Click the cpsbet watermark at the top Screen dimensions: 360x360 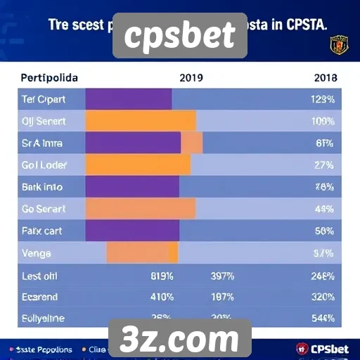179,36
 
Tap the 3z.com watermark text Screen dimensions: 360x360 179,340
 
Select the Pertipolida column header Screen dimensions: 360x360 49,77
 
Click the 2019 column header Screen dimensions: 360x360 192,77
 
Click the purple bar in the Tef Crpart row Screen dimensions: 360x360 129,99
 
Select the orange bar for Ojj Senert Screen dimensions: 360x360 141,121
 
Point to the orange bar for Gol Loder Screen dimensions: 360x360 138,165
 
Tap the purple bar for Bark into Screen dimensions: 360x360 132,186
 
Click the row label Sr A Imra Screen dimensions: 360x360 43,143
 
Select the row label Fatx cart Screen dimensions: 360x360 43,230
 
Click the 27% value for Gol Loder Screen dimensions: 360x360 324,165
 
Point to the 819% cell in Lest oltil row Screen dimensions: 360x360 162,276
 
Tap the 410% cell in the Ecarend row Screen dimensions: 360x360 162,297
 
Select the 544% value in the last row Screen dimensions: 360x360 323,318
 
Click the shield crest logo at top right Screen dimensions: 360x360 340,45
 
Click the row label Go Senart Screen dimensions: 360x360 44,208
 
